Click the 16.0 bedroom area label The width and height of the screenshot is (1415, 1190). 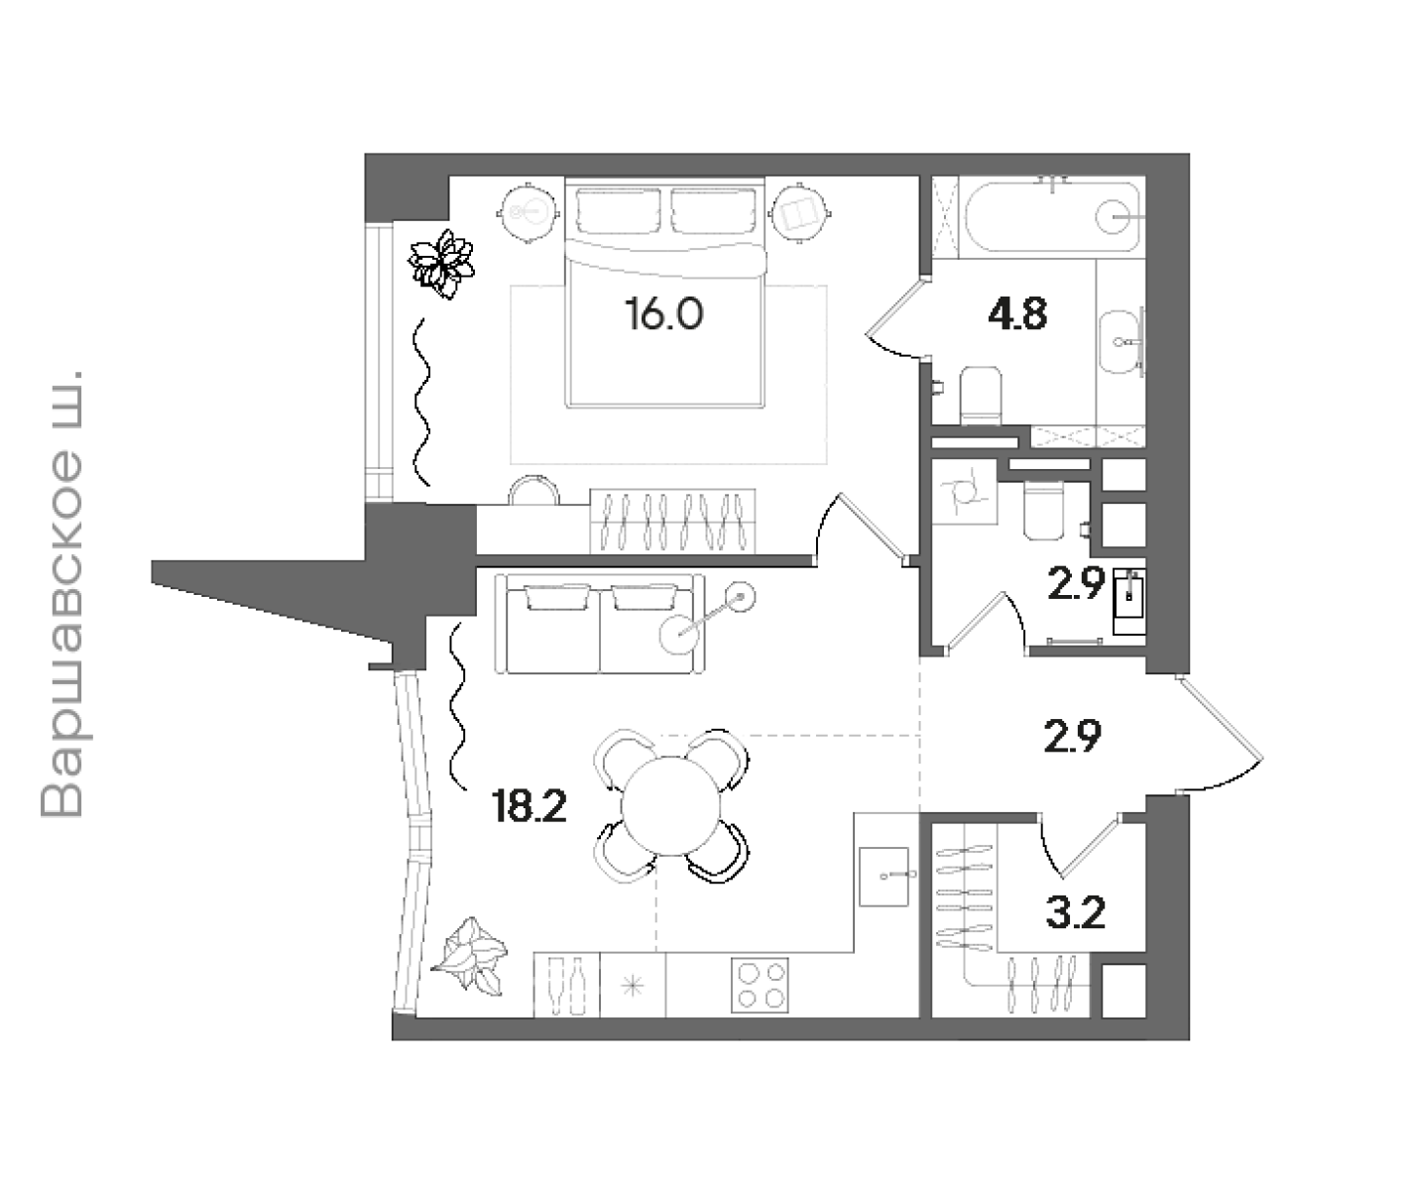tap(664, 314)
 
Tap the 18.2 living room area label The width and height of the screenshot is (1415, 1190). tap(530, 807)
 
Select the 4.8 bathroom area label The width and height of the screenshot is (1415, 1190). tap(1017, 314)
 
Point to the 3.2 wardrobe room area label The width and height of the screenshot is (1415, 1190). tap(1076, 912)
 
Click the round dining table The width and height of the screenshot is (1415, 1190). tap(670, 806)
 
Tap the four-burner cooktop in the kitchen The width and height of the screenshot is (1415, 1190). tap(760, 986)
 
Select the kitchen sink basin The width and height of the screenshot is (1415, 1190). tap(884, 877)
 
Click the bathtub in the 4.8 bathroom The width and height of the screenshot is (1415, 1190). tap(1052, 217)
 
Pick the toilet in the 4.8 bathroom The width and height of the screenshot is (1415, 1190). tap(981, 396)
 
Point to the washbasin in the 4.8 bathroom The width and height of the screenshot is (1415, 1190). tap(1119, 341)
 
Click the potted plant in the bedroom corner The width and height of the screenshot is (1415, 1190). tap(441, 264)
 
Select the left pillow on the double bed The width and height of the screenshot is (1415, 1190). tap(618, 211)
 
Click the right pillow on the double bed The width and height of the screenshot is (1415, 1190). tap(714, 211)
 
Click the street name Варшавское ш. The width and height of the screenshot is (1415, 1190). tap(62, 594)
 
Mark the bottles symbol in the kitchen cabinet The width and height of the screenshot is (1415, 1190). tap(566, 986)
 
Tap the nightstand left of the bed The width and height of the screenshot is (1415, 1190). tap(529, 213)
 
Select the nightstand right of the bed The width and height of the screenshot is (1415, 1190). tap(799, 213)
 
